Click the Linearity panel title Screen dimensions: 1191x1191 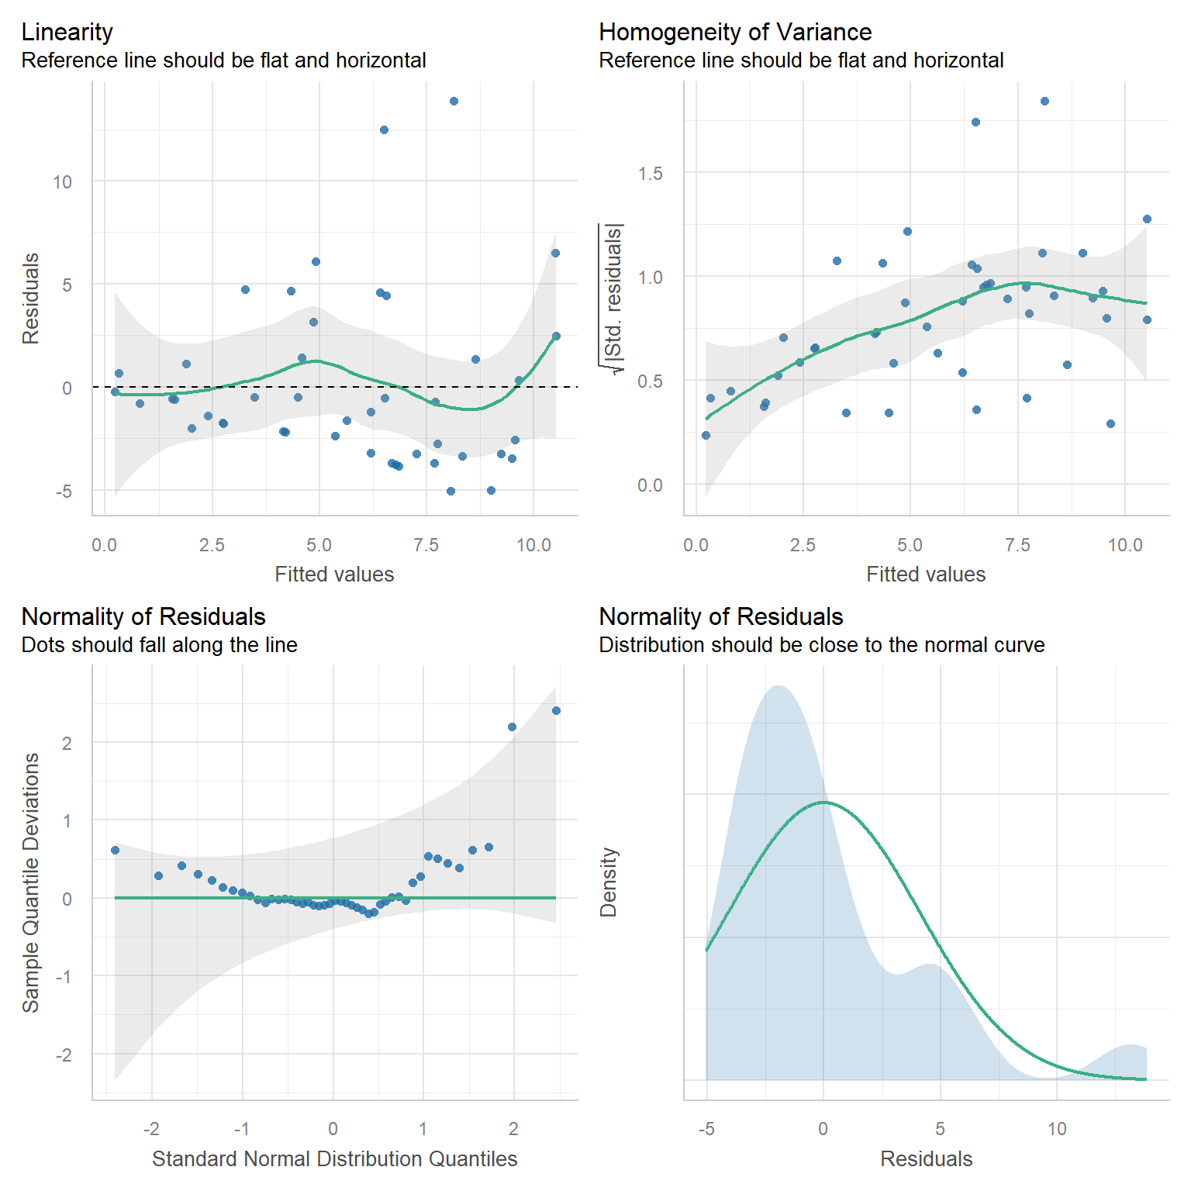67,32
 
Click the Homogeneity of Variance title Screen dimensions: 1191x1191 734,32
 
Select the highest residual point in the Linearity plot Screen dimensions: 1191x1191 454,101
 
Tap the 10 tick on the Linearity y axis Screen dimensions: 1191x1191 62,182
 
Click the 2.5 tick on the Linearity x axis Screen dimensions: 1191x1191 212,545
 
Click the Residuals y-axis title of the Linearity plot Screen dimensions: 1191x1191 30,299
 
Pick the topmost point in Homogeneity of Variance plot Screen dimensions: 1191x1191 1044,101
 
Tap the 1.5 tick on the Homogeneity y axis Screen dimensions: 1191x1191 650,174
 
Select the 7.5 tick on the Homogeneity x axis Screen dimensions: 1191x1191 1017,545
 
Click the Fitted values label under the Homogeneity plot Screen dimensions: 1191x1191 926,575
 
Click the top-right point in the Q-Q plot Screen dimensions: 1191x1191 556,710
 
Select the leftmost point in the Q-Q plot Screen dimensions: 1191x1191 115,850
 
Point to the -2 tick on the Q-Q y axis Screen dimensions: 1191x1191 64,1055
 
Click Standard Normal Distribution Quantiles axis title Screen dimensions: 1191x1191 334,1158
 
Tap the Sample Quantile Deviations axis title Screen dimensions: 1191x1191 30,882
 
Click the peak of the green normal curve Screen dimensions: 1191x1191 823,802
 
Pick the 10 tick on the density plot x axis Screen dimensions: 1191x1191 1057,1129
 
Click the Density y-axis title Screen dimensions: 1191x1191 609,882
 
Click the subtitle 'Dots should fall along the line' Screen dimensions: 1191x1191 159,645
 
